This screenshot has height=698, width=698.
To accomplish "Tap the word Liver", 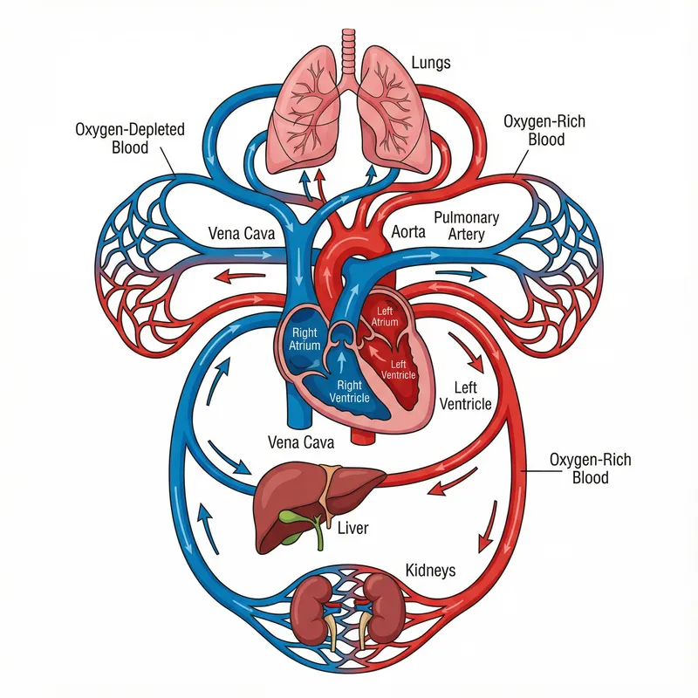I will pyautogui.click(x=352, y=528).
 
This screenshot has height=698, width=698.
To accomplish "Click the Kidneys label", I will pyautogui.click(x=429, y=571).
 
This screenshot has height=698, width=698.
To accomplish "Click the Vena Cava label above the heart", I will pyautogui.click(x=236, y=234).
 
